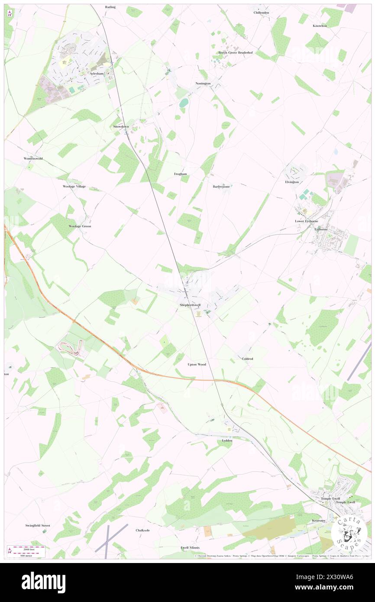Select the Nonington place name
[x=203, y=83]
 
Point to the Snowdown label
[x=121, y=126]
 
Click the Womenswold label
[x=33, y=159]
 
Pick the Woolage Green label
[x=80, y=226]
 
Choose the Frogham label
[x=180, y=173]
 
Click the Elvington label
[x=292, y=182]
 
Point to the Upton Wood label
[x=197, y=364]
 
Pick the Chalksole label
[x=142, y=530]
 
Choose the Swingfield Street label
[x=37, y=525]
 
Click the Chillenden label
[x=261, y=13]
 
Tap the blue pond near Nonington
[x=184, y=103]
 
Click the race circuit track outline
[x=71, y=346]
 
